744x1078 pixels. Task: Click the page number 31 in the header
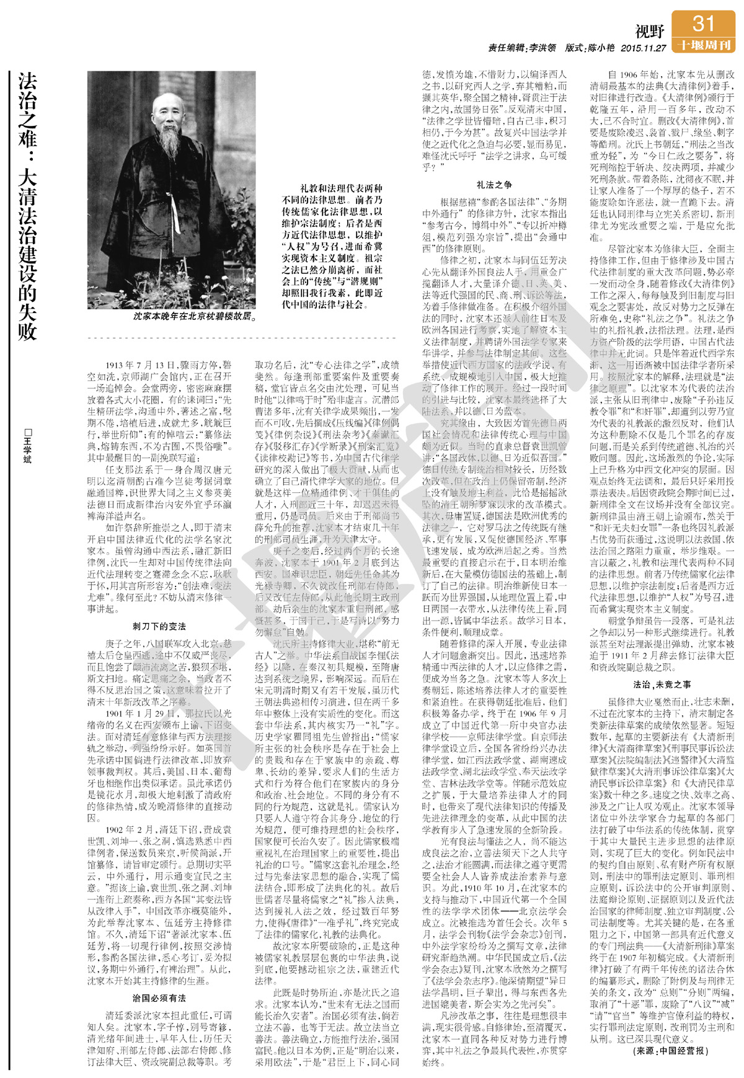(x=703, y=24)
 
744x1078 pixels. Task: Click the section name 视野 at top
(x=650, y=30)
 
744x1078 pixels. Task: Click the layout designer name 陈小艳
(x=600, y=48)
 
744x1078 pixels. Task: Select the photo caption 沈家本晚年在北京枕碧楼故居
(x=195, y=316)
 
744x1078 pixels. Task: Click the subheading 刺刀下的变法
(x=159, y=626)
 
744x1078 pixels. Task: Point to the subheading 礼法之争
(x=494, y=184)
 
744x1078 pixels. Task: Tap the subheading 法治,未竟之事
(x=662, y=684)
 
